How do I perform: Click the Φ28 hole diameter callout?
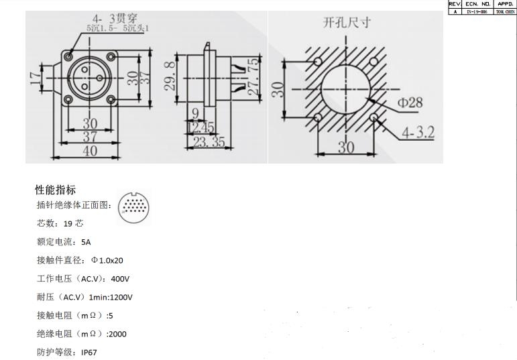pos(410,103)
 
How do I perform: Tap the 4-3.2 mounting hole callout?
pos(417,133)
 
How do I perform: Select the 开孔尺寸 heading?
pos(347,23)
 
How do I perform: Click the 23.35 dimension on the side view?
pos(209,141)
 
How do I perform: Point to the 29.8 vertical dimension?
pos(171,74)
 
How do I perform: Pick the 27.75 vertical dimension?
pos(252,77)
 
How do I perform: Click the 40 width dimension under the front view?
pos(89,150)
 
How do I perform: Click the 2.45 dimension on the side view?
pos(203,127)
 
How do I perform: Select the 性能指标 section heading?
pos(56,190)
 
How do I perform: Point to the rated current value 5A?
pos(86,242)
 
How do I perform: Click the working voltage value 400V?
pos(120,278)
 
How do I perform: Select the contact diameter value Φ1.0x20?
pos(107,260)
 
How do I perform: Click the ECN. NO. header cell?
pos(477,3)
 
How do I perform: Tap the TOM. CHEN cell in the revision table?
pos(504,11)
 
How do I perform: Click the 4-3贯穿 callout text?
pos(115,18)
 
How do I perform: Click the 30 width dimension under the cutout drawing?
pos(345,147)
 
